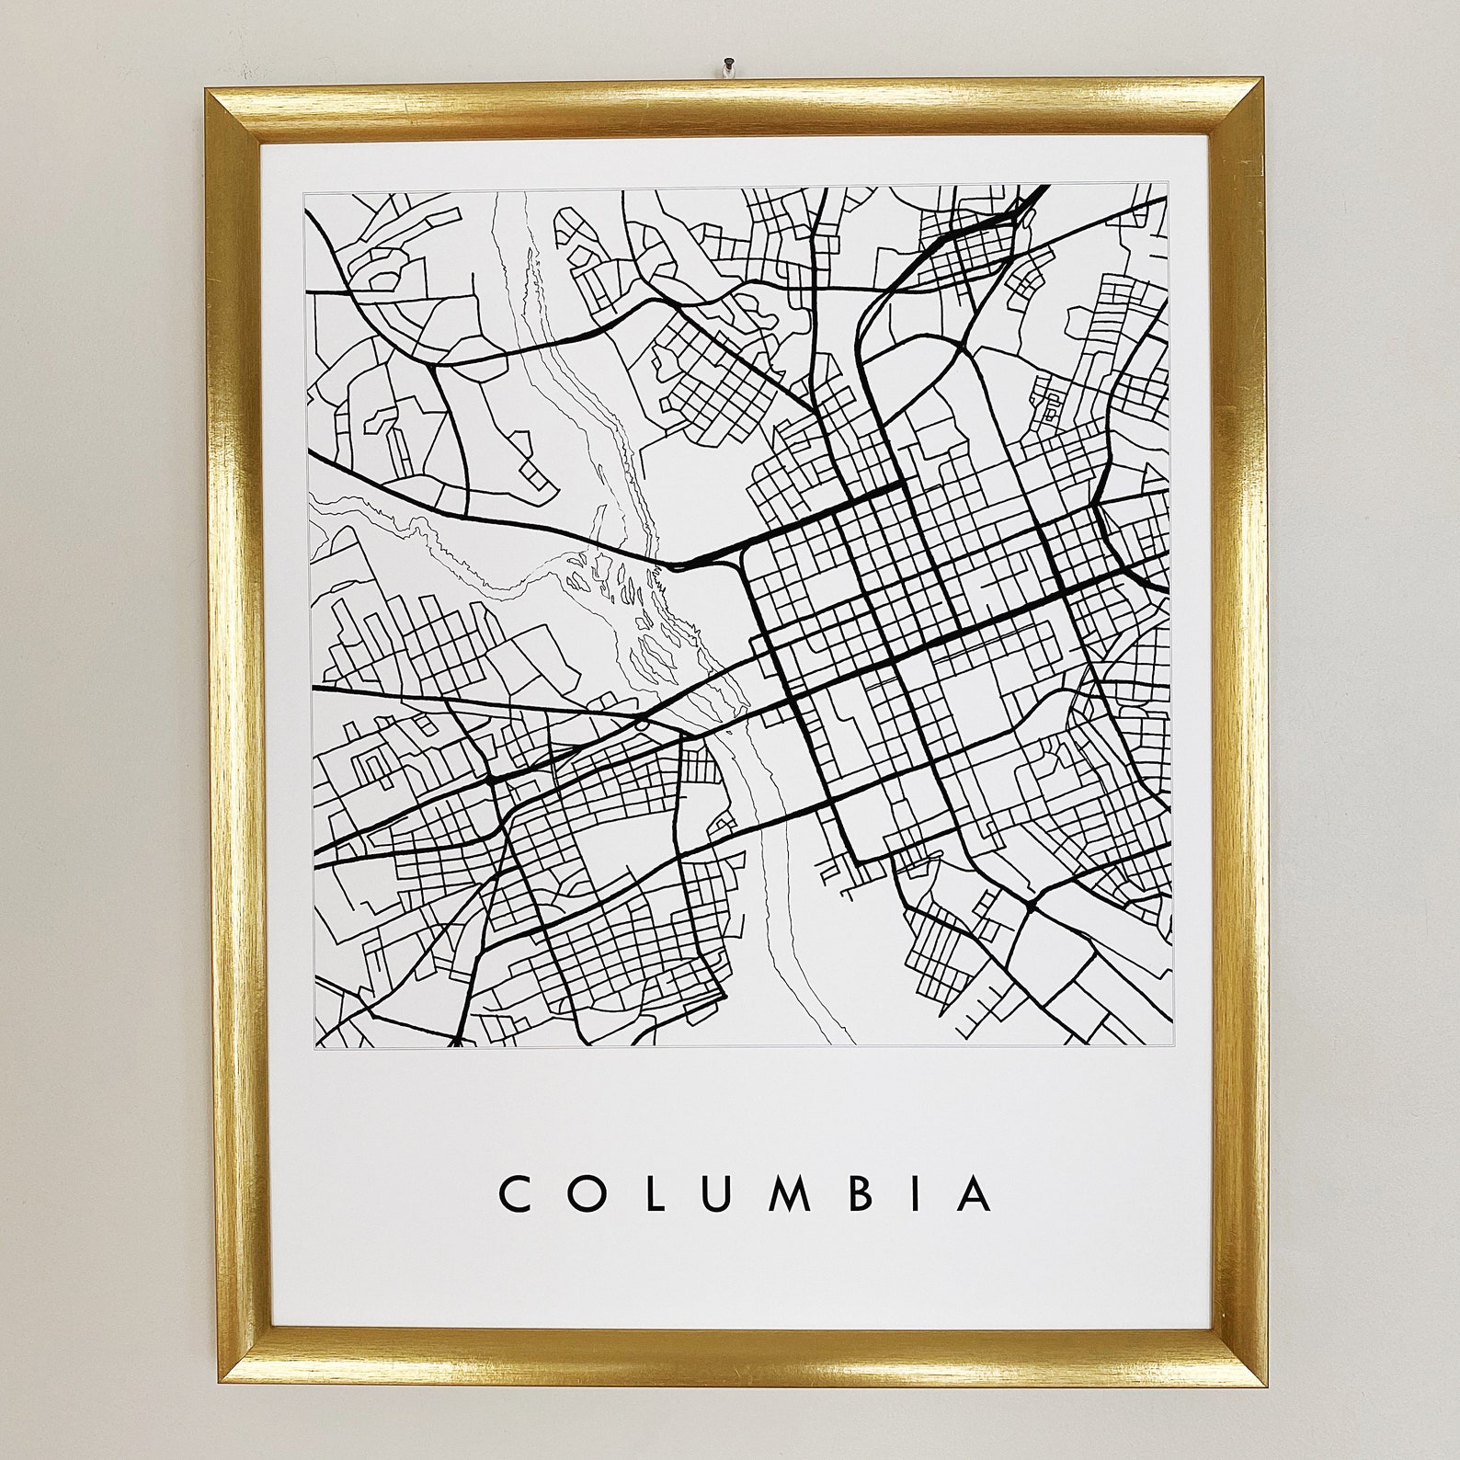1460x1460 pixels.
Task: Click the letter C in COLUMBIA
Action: pyautogui.click(x=513, y=1193)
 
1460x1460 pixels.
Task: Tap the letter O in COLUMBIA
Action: pyautogui.click(x=582, y=1193)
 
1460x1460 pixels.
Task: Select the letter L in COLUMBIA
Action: pyautogui.click(x=647, y=1193)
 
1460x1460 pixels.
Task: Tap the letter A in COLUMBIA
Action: pyautogui.click(x=972, y=1193)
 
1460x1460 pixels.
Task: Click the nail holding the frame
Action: pyautogui.click(x=727, y=66)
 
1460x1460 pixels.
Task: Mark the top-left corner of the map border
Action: pyautogui.click(x=304, y=193)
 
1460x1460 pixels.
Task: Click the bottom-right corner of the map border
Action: pyautogui.click(x=1172, y=1045)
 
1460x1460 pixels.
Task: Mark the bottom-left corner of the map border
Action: pyautogui.click(x=314, y=1046)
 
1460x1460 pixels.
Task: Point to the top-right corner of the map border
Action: pyautogui.click(x=1170, y=185)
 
